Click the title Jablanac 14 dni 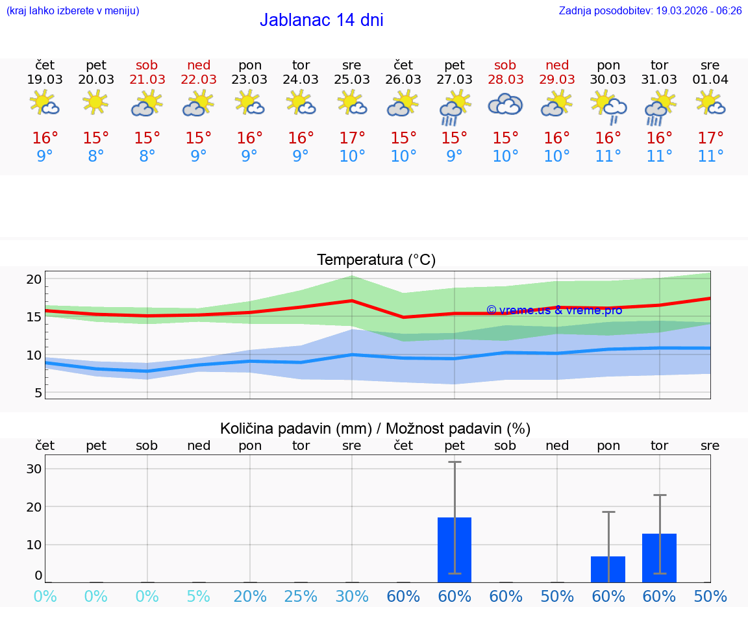coord(321,20)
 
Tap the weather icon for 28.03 coord(505,105)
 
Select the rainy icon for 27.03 coord(454,107)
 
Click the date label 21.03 coord(147,79)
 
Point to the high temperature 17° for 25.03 coord(352,138)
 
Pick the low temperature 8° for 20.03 coord(96,156)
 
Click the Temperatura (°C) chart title coord(376,260)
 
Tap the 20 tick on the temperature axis coord(34,279)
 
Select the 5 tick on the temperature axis coord(38,393)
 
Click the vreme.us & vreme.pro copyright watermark coord(554,310)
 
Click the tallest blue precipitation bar coord(455,549)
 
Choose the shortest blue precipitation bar coord(608,569)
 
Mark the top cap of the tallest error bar coord(455,462)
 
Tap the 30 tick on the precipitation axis coord(34,469)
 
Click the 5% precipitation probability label coord(199,597)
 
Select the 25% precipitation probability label coord(301,597)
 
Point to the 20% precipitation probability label coord(250,597)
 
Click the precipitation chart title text coord(375,428)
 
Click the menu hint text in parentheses coord(73,11)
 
